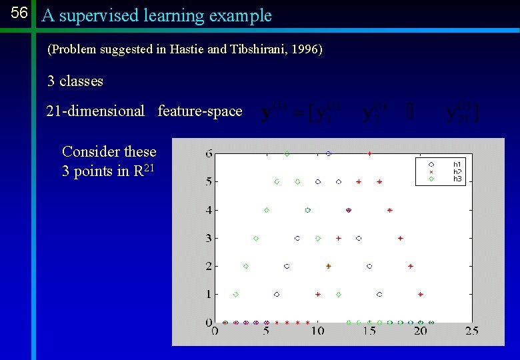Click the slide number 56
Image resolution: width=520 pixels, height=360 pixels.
pos(19,13)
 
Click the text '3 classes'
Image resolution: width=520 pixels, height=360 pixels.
pos(75,81)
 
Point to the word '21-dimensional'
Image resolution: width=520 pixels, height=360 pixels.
pos(95,111)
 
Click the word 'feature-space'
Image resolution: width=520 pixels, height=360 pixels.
pos(200,111)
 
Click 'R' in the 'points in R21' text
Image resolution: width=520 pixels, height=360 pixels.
pos(139,171)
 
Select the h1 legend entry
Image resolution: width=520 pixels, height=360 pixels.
pos(457,163)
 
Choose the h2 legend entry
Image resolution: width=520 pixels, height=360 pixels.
pos(457,171)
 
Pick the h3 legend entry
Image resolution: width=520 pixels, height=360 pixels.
pos(457,179)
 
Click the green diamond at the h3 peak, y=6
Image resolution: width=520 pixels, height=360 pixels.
pos(287,153)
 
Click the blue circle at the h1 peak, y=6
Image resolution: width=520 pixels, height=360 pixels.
pos(328,153)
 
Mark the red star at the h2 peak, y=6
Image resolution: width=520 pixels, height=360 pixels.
pos(369,153)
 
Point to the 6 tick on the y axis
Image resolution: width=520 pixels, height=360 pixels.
pos(209,153)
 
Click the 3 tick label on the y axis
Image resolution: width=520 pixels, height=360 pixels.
pos(209,238)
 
